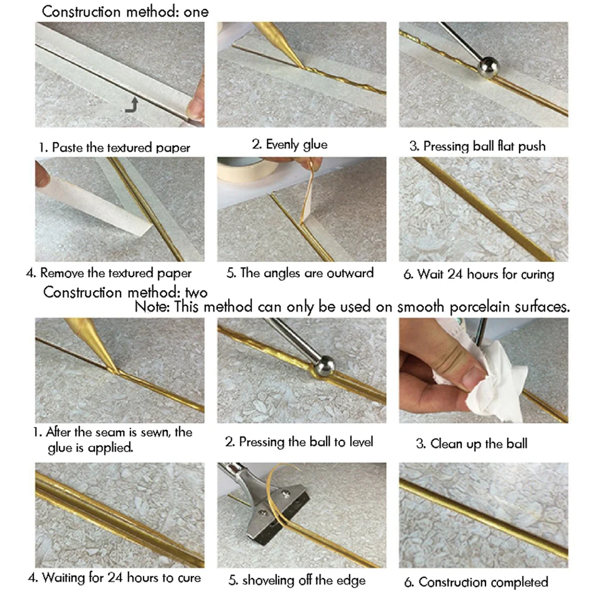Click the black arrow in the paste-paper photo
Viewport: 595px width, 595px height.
(x=132, y=106)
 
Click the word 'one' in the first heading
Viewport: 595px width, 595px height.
(x=196, y=12)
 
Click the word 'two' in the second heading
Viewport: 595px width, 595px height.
(x=196, y=293)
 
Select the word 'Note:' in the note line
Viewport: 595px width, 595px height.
(x=153, y=307)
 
